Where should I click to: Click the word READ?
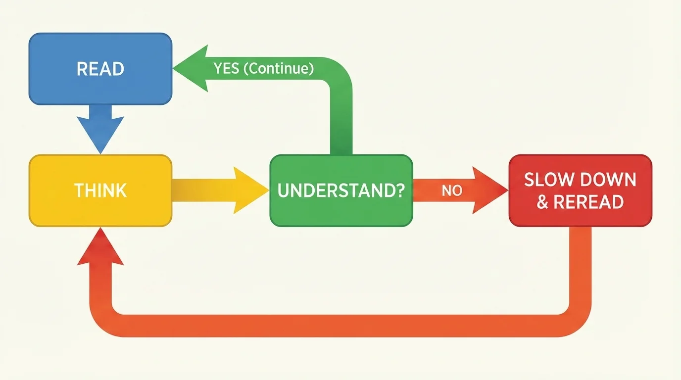pyautogui.click(x=100, y=69)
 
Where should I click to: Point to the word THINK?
pyautogui.click(x=100, y=190)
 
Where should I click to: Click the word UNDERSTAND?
pyautogui.click(x=340, y=190)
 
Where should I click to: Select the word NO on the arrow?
pyautogui.click(x=451, y=190)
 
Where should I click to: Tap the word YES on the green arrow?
pyautogui.click(x=226, y=68)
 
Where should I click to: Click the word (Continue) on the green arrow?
pyautogui.click(x=279, y=68)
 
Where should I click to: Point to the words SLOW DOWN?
pyautogui.click(x=580, y=180)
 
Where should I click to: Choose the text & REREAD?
pyautogui.click(x=580, y=202)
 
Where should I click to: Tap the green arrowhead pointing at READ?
pyautogui.click(x=190, y=68)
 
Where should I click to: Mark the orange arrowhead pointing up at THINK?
pyautogui.click(x=100, y=247)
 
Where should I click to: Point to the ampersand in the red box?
pyautogui.click(x=542, y=202)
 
